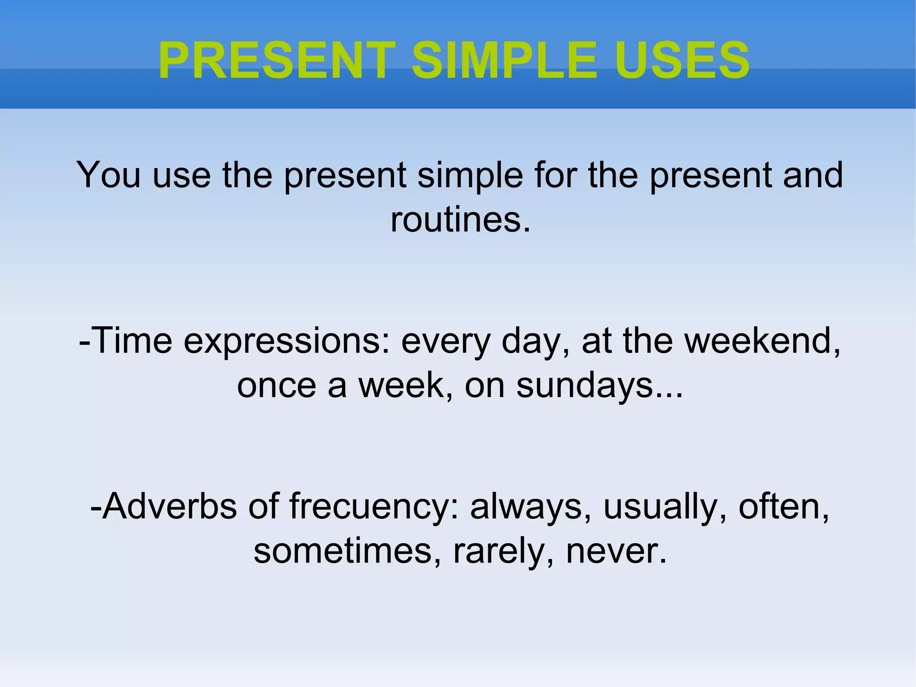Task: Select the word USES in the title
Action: (682, 61)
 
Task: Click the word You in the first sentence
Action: (109, 175)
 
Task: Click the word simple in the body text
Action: (470, 175)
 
